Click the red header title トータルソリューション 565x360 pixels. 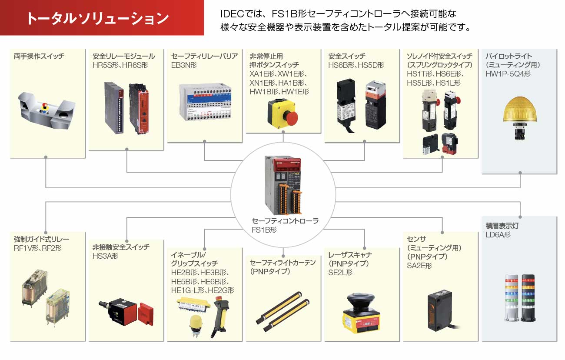(97, 19)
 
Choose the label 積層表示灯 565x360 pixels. (502, 226)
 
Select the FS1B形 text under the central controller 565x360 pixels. (264, 230)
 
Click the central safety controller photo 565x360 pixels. (283, 184)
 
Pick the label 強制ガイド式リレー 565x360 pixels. (42, 239)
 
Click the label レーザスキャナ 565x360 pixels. (350, 255)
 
